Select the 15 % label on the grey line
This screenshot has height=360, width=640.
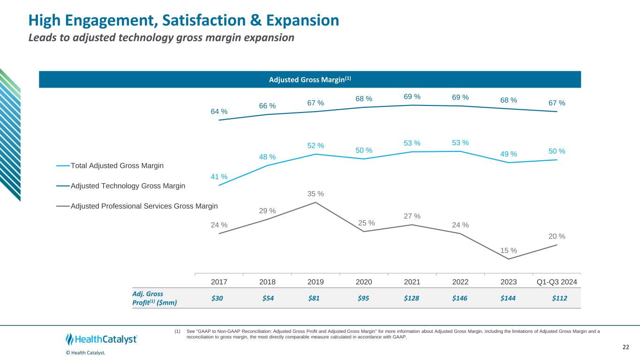coord(509,250)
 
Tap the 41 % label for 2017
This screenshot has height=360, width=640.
coord(219,177)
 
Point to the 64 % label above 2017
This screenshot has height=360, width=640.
coord(219,112)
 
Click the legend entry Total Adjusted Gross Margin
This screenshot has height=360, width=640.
coord(117,165)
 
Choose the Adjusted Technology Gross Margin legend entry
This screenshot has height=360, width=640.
coord(128,186)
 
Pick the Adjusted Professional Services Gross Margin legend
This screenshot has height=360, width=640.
coord(144,206)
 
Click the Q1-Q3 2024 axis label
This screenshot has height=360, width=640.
coord(557,282)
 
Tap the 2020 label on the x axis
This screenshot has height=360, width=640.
coord(364,282)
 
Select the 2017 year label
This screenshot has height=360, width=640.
coord(219,282)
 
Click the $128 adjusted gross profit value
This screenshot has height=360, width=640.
coord(412,299)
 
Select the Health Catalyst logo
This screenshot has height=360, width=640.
coord(101,339)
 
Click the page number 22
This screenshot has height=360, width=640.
coord(625,347)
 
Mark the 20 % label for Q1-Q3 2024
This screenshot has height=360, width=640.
coord(557,236)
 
